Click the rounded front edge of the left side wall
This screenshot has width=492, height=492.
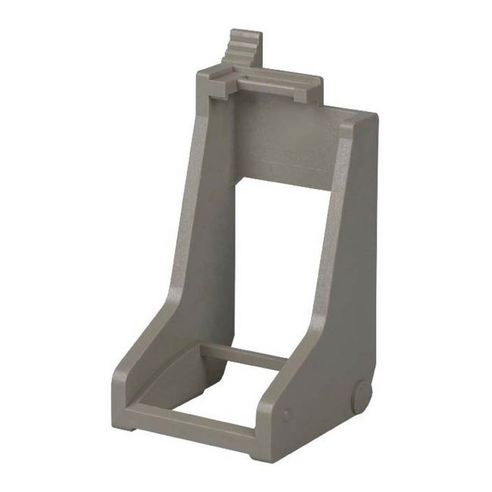pyautogui.click(x=148, y=348)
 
